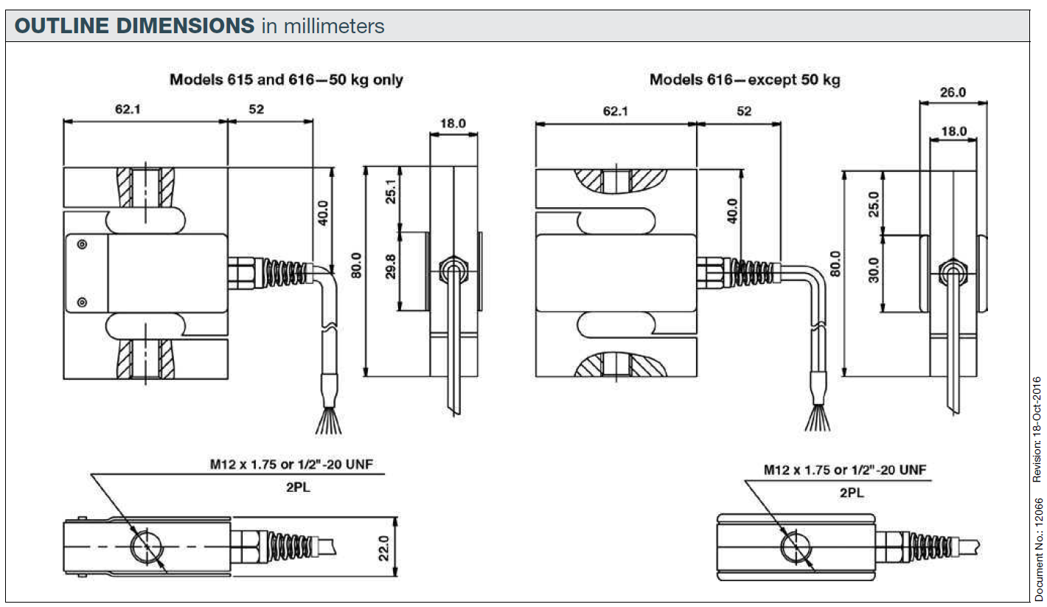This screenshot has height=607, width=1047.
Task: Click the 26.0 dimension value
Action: click(x=953, y=92)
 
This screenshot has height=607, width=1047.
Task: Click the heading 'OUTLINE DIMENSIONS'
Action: click(x=134, y=27)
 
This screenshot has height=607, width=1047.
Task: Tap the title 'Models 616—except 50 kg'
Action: click(x=744, y=79)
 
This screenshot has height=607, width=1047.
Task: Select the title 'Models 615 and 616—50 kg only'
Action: click(x=286, y=79)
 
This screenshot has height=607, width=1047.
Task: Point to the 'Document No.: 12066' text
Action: click(x=1037, y=549)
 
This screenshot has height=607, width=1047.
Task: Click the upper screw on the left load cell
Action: click(x=81, y=244)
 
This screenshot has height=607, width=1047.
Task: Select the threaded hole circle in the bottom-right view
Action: click(x=796, y=547)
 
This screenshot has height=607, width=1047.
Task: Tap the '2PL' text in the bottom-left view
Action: click(x=297, y=488)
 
